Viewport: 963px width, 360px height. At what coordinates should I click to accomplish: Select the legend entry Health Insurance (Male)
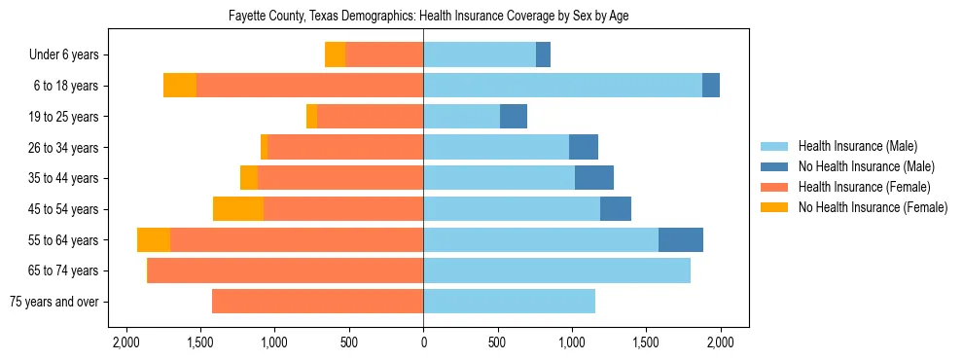click(x=857, y=146)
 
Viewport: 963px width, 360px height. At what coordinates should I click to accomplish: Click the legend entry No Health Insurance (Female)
click(x=873, y=207)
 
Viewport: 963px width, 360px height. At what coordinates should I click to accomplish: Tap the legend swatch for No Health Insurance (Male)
click(x=774, y=166)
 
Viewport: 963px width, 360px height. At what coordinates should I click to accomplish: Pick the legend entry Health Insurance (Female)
click(x=864, y=187)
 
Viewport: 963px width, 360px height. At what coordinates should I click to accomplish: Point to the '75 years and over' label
click(x=53, y=302)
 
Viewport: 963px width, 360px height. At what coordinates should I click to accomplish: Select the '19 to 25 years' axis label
click(x=61, y=117)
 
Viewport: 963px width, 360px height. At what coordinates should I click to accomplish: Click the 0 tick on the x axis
click(x=423, y=342)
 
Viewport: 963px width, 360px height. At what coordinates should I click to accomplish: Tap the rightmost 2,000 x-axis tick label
click(x=720, y=342)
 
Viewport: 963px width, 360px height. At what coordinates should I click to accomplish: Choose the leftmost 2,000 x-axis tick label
click(x=125, y=342)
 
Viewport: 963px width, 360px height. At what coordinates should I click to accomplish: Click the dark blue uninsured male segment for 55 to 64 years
click(x=681, y=240)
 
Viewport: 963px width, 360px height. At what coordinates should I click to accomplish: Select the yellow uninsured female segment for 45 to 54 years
click(x=238, y=209)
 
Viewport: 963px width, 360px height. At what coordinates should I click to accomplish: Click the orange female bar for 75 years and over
click(x=317, y=302)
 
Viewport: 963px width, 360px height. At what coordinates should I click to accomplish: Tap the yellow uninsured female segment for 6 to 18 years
click(x=180, y=86)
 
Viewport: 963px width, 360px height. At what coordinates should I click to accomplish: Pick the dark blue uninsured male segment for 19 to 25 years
click(x=514, y=117)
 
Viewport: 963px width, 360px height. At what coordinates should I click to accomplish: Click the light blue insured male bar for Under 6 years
click(x=480, y=55)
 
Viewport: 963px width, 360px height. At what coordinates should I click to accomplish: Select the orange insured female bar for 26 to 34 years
click(x=345, y=148)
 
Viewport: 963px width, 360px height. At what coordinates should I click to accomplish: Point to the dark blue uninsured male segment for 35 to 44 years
click(x=594, y=178)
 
